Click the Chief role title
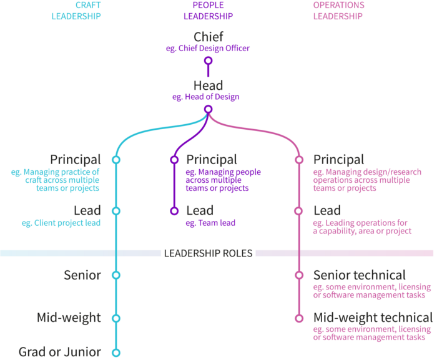(208, 37)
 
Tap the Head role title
(208, 85)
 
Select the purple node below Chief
(209, 61)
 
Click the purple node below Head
(209, 109)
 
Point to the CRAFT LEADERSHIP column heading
(87, 11)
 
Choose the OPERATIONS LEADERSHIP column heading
(338, 11)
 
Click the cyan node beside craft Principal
(115, 160)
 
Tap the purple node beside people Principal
(174, 160)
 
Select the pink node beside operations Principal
(299, 160)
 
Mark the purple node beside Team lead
(174, 211)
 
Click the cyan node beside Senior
(115, 275)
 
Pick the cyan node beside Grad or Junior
(115, 353)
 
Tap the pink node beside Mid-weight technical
(299, 318)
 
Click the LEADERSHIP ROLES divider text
(208, 253)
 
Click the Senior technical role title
(359, 275)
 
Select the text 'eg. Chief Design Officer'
(208, 49)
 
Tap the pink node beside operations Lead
(299, 211)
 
